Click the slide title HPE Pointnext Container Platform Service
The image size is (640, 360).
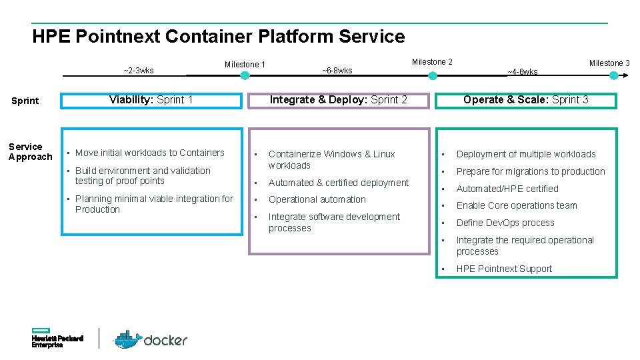coord(218,36)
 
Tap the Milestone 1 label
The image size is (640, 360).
coord(245,65)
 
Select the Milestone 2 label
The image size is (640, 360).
coord(432,62)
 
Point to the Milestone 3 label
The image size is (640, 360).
coord(609,63)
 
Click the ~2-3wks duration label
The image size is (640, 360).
coord(139,71)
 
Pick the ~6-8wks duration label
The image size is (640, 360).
coord(337,71)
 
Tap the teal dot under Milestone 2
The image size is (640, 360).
coord(433,76)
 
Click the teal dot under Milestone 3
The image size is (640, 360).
coord(614,76)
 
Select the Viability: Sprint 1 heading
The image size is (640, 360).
coord(151,100)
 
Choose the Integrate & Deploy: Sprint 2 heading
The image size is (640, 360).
coord(338,100)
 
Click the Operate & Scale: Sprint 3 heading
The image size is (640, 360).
coord(525,100)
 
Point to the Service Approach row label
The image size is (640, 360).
coord(30,152)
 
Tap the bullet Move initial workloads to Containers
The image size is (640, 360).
coord(149,153)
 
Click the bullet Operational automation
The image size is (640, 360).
coord(317,199)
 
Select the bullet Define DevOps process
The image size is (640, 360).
coord(505,223)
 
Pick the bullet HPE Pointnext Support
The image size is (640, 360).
coord(504,269)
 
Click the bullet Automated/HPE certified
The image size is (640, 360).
coord(507,189)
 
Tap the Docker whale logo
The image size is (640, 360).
coord(127,339)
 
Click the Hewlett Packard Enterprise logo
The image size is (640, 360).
coord(57,338)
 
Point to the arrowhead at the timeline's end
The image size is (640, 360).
coord(627,76)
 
